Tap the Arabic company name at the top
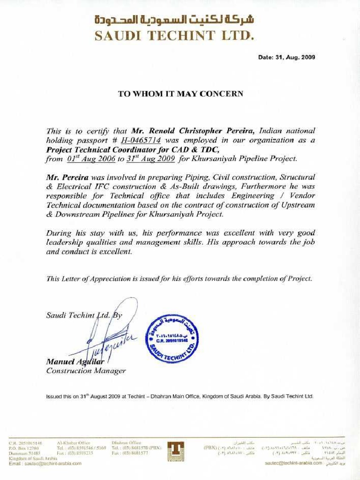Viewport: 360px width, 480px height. coord(174,20)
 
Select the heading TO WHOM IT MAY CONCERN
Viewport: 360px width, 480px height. coord(180,94)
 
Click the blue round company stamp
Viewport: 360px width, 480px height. coord(172,338)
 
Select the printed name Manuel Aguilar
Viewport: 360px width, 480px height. coord(75,362)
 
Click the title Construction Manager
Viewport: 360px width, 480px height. coord(86,371)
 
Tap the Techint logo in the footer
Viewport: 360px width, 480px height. coord(176,450)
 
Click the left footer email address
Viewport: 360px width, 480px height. coord(45,463)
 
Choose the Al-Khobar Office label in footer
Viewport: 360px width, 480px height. coord(73,442)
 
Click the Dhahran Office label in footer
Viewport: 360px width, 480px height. coord(126,442)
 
